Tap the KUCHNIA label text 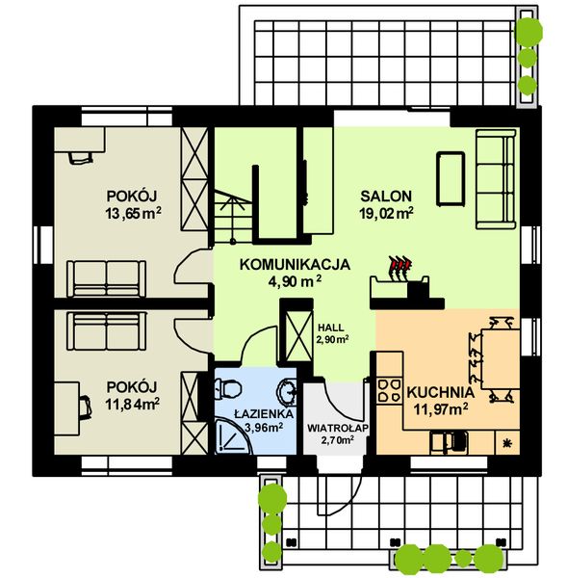click(x=439, y=393)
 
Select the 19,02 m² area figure click(x=386, y=213)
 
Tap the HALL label click(x=330, y=327)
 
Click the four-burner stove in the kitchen click(x=388, y=390)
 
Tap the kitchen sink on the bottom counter click(x=450, y=441)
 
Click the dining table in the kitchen click(x=497, y=357)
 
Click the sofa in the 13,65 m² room click(x=105, y=278)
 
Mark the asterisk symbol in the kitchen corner click(x=507, y=441)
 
